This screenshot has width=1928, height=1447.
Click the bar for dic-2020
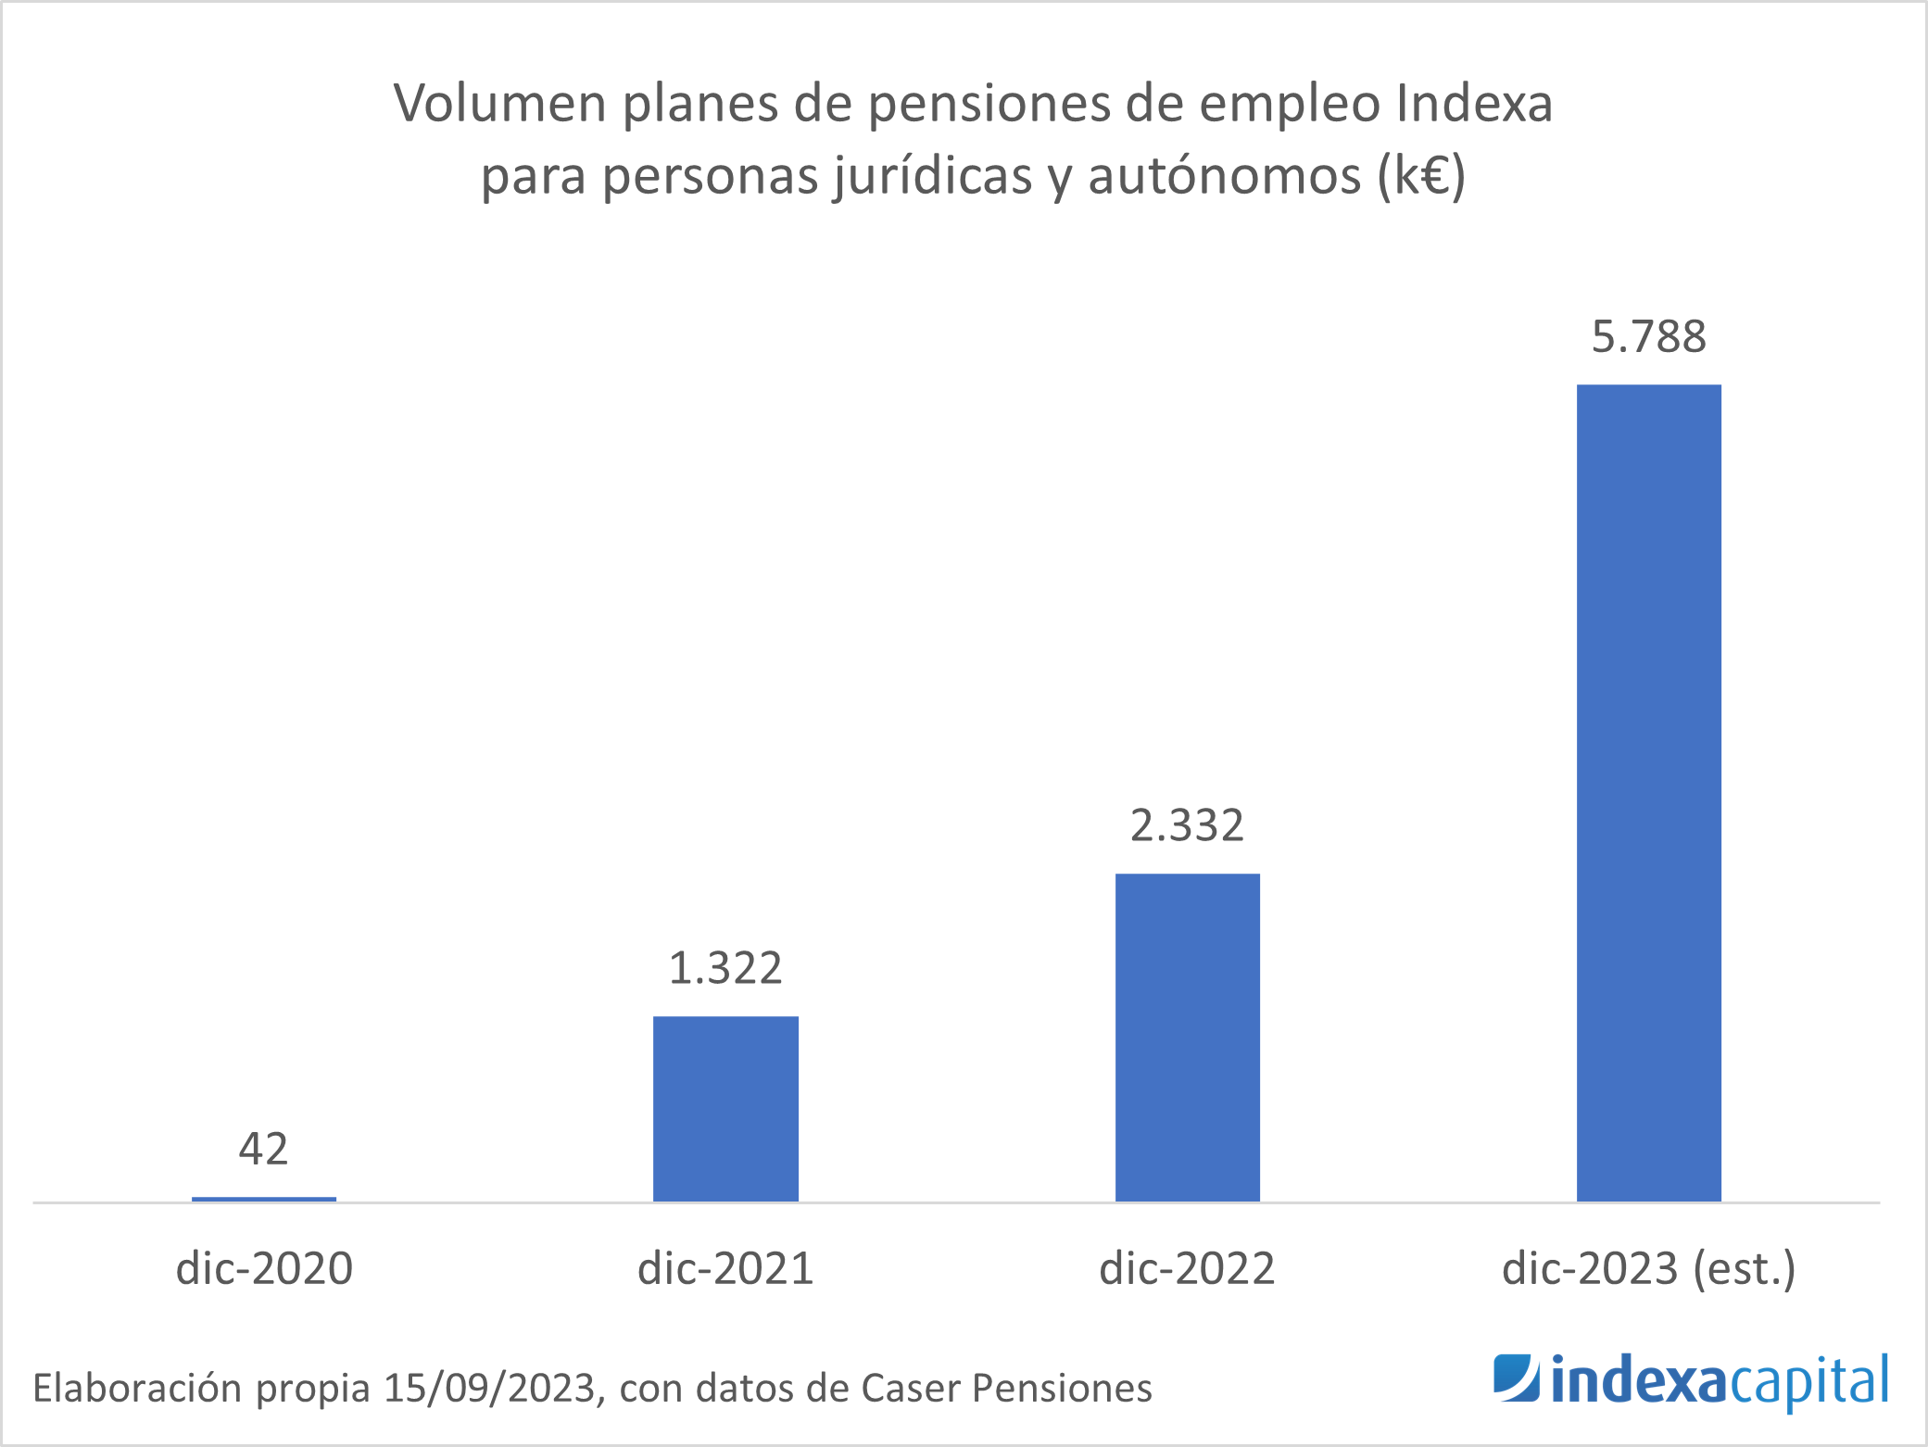point(264,1199)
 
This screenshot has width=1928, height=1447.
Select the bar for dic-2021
point(725,1109)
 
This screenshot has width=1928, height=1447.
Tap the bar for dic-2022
point(1187,1038)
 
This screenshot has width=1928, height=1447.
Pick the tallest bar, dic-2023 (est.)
point(1648,793)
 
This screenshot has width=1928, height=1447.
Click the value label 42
point(264,1149)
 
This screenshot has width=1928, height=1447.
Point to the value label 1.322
point(725,968)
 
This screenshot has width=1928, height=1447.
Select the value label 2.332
point(1187,825)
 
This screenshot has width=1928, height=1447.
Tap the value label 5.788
point(1648,336)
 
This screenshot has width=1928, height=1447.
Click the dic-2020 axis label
point(264,1268)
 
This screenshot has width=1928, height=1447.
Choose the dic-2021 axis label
point(725,1268)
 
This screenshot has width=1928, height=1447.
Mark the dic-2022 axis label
point(1187,1268)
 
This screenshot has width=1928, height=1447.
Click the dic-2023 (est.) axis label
point(1648,1268)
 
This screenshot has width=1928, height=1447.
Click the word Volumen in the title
point(500,103)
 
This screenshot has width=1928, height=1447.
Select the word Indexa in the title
point(1474,103)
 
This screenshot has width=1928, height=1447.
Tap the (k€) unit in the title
point(1421,175)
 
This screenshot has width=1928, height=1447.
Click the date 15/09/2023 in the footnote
point(488,1388)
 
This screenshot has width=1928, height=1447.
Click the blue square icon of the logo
point(1516,1378)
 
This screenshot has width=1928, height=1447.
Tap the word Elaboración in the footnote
point(138,1388)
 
